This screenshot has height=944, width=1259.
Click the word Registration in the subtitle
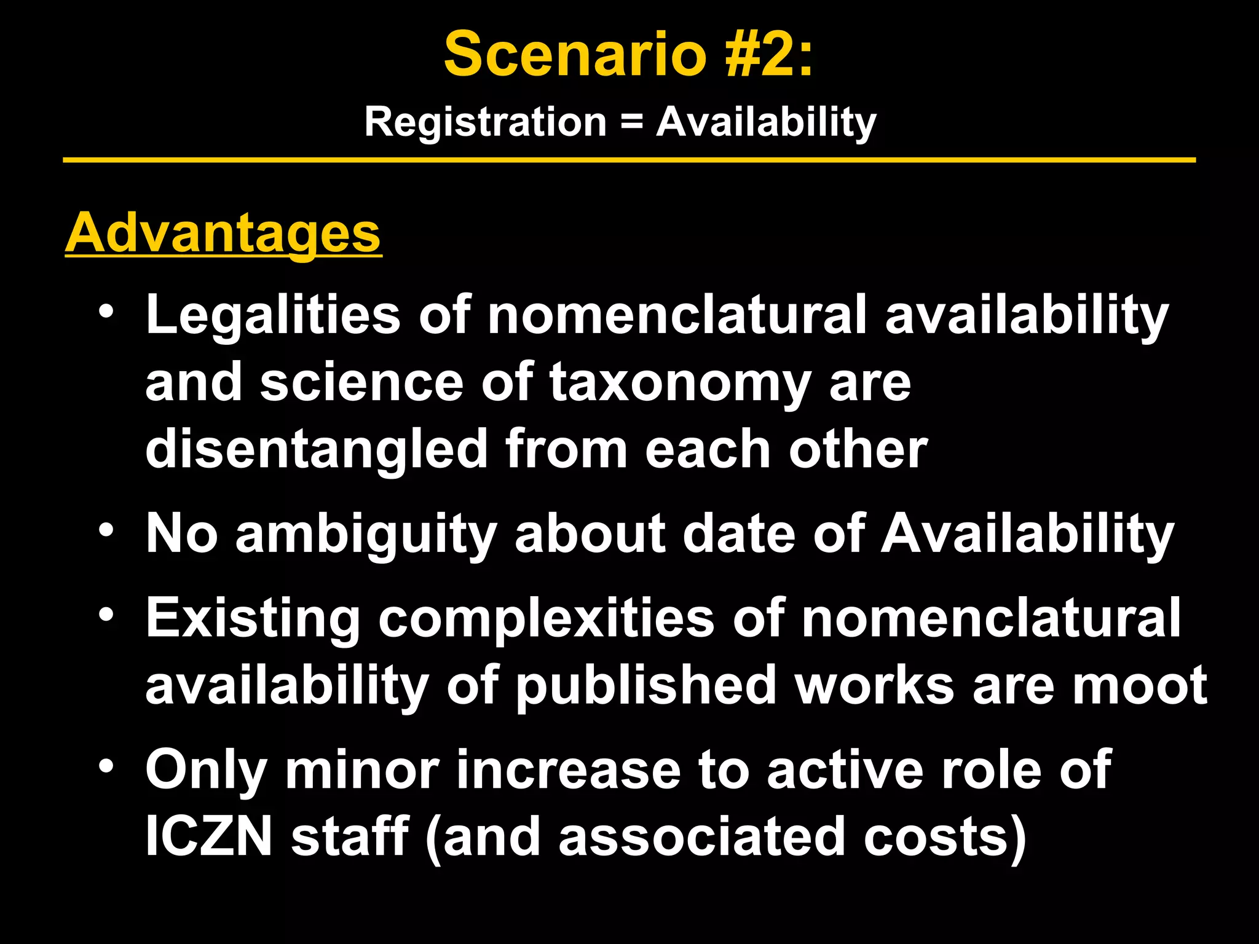pos(485,122)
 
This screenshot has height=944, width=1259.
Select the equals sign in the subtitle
pos(631,122)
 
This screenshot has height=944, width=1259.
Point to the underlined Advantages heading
pos(223,234)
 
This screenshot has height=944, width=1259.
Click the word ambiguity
pos(366,533)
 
